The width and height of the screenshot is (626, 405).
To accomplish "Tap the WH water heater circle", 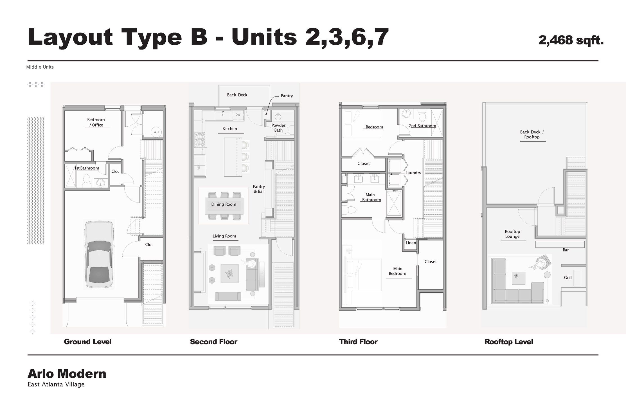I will point(156,132).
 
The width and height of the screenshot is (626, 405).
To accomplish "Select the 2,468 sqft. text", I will point(571,40).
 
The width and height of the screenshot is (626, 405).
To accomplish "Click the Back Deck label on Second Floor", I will point(237,95).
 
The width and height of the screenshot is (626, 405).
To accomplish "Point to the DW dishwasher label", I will point(238,115).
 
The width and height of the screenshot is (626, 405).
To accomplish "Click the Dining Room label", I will point(224,204).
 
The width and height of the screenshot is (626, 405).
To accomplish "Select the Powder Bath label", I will point(278,128).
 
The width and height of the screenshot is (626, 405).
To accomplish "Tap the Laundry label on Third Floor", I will point(413,173).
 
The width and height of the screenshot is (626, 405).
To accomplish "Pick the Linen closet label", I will point(411,243).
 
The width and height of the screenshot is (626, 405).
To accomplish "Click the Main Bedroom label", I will point(397,271).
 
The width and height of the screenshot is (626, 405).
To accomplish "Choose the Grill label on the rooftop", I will point(568,278).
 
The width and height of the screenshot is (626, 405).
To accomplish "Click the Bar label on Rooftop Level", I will point(566,250).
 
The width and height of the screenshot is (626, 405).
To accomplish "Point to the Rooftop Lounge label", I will point(512,234).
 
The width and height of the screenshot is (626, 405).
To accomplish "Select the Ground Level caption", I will point(87,342).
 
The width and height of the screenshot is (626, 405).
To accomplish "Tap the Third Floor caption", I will point(358,342).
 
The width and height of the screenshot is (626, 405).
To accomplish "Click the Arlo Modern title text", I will point(67,374).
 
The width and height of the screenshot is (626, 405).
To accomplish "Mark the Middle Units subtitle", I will point(40,67).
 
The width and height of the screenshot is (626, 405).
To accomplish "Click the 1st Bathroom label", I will point(87,168).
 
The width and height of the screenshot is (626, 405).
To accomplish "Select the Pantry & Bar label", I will point(259,189).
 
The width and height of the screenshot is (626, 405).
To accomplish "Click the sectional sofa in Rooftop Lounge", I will point(506,295).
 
